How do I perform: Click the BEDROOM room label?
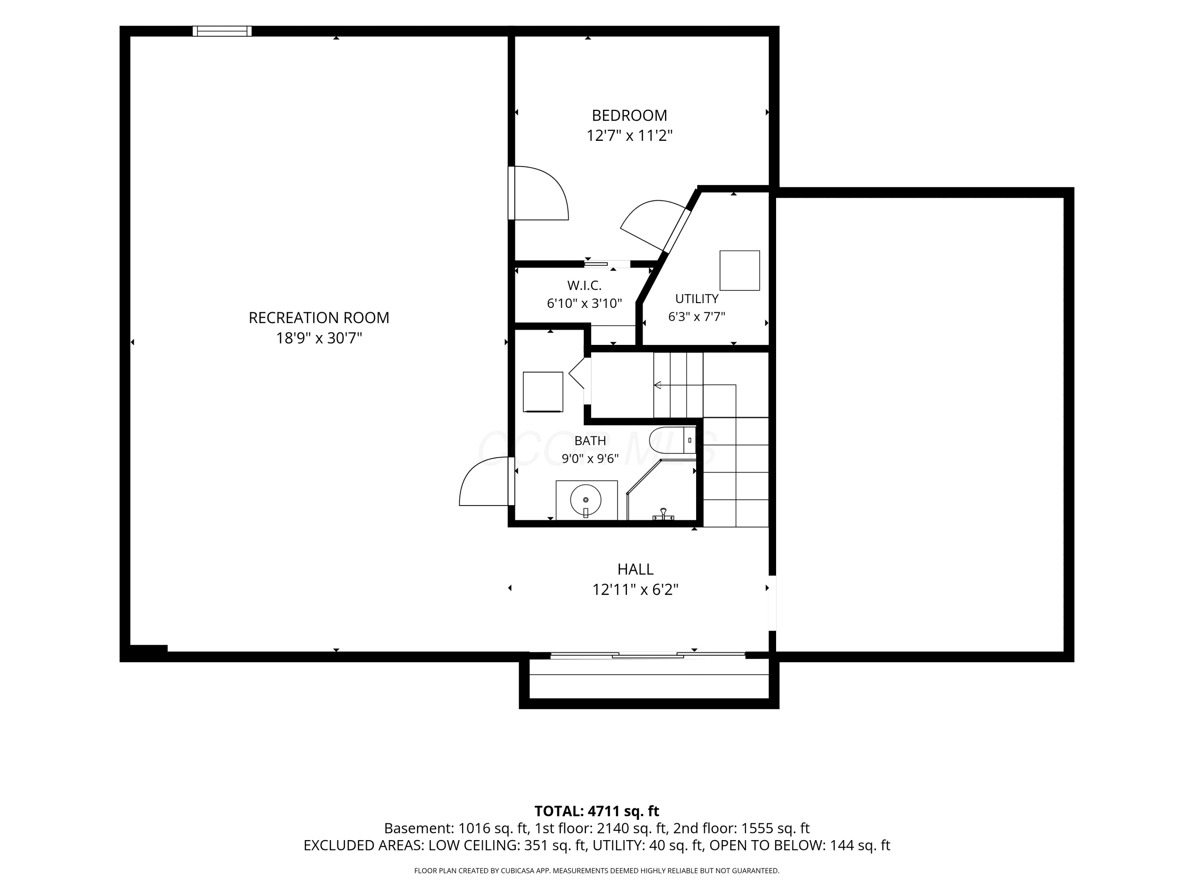pos(629,115)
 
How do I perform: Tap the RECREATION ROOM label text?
pos(318,318)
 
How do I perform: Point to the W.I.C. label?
pos(584,285)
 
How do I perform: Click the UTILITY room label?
pos(696,299)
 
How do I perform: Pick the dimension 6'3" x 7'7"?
pos(696,317)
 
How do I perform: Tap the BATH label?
pos(590,441)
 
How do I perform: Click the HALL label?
pos(635,569)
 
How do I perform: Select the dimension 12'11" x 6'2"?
pos(635,590)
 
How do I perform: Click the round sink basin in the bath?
pos(586,500)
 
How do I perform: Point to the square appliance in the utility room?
pos(739,270)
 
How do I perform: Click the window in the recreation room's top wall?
pos(222,31)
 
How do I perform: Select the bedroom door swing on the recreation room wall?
pos(539,193)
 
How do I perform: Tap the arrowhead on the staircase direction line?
pos(657,385)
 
